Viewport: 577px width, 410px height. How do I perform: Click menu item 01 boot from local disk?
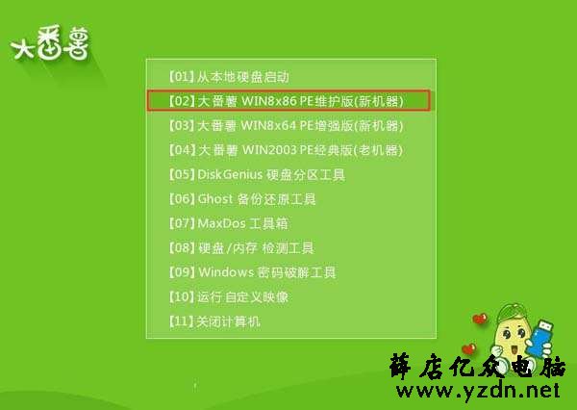click(x=229, y=77)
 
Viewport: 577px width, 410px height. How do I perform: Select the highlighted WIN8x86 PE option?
click(x=287, y=100)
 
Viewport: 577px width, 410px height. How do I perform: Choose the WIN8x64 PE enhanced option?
click(x=286, y=126)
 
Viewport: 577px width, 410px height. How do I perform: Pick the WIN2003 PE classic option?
click(x=286, y=150)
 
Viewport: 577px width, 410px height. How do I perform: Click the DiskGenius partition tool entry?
click(x=257, y=174)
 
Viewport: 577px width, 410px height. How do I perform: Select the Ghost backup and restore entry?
click(x=242, y=199)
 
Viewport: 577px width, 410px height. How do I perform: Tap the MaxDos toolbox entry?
click(x=228, y=223)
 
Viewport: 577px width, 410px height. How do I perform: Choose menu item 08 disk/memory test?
click(x=241, y=247)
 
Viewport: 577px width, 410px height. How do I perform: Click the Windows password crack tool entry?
click(x=252, y=272)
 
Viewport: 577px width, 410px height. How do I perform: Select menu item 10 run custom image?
click(x=229, y=296)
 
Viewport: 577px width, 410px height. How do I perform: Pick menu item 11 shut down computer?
click(x=214, y=321)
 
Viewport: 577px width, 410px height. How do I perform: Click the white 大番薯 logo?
click(x=50, y=42)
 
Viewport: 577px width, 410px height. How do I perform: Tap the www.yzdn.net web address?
click(x=478, y=391)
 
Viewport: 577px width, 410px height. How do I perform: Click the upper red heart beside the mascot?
click(x=480, y=319)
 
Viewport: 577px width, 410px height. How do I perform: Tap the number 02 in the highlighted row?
click(x=182, y=100)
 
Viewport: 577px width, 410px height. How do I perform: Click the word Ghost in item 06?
click(x=215, y=199)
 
